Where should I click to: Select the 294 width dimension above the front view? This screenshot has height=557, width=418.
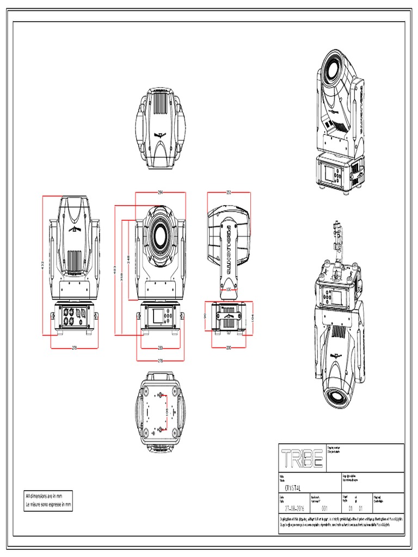161,192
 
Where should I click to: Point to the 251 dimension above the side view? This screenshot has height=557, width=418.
229,192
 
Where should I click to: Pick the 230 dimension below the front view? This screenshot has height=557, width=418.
161,347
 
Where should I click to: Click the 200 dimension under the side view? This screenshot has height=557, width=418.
229,347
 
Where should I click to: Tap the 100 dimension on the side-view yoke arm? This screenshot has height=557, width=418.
229,290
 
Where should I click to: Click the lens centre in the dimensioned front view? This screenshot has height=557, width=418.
161,236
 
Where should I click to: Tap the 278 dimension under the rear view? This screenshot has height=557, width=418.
74,347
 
